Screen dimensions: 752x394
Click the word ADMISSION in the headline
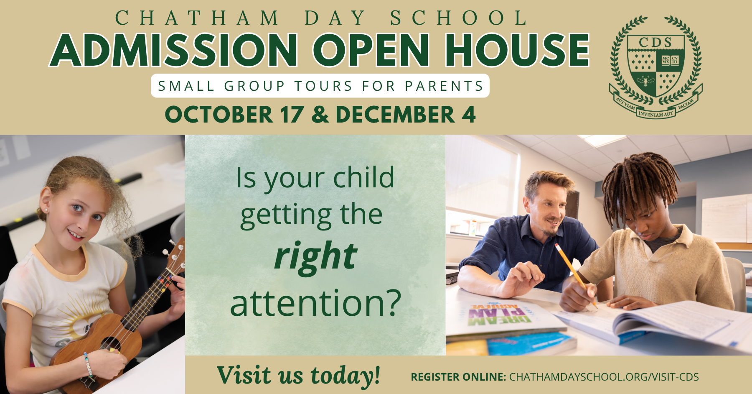pos(174,50)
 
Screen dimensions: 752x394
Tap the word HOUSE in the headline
pos(517,50)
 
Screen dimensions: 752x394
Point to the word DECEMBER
pos(395,115)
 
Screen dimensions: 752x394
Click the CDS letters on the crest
pos(655,42)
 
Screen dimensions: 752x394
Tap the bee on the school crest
pos(645,81)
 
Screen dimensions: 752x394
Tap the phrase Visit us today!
pos(298,375)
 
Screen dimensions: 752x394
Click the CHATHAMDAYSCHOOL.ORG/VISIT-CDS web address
pos(604,377)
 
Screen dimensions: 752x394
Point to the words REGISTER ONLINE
pos(458,377)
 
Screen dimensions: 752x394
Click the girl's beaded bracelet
pos(88,365)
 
